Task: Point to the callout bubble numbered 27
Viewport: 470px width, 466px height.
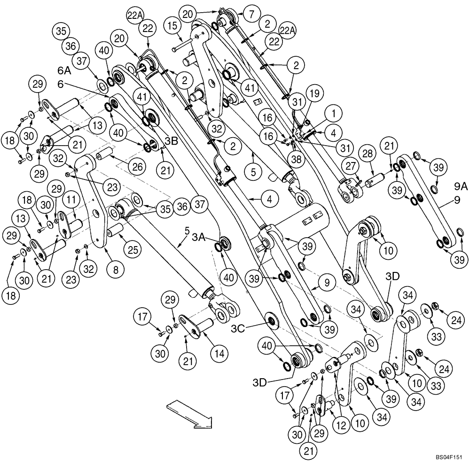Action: click(x=351, y=166)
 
